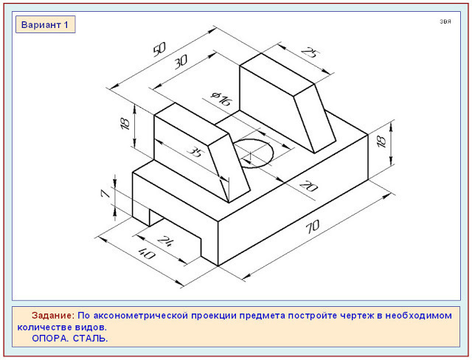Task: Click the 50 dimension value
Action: coord(159,49)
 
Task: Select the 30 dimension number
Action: coord(181,61)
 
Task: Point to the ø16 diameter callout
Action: coord(221,98)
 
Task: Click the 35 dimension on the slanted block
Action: coord(195,151)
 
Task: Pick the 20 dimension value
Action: coord(308,186)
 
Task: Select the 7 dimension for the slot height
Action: coord(105,193)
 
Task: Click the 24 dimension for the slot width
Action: coord(164,240)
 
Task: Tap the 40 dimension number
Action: coord(147,254)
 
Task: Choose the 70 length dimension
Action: coord(313,226)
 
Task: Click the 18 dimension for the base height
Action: coord(381,142)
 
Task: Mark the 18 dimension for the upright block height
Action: coord(125,123)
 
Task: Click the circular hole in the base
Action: coord(254,153)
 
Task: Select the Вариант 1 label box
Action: coord(46,24)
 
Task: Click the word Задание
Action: coord(52,316)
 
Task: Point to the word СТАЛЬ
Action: coord(90,339)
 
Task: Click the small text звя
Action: coord(445,21)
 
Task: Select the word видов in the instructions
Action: coord(92,327)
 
